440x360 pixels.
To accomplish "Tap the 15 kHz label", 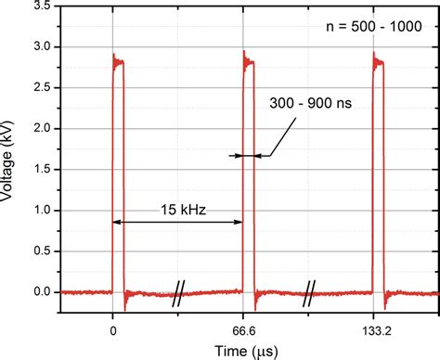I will pyautogui.click(x=176, y=210).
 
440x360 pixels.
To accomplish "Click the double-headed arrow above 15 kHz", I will pyautogui.click(x=176, y=222).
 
